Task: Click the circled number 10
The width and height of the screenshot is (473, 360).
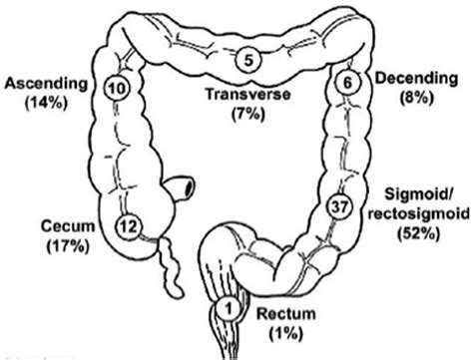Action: pyautogui.click(x=116, y=88)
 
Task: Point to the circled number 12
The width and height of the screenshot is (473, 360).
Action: pyautogui.click(x=127, y=228)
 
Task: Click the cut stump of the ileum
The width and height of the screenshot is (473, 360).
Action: pyautogui.click(x=188, y=186)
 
